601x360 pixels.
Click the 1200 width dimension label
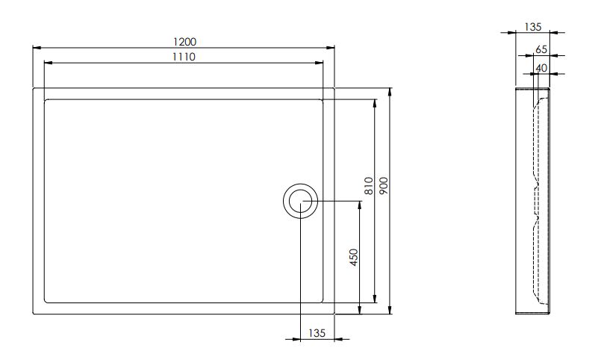184,41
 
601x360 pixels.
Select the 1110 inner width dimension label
184,57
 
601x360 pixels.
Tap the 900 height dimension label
384,185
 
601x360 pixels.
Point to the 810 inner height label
369,186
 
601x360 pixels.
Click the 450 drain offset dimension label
354,257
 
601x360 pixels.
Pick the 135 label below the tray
317,333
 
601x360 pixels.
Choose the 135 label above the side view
533,27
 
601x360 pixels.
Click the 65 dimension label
541,49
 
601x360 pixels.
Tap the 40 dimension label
541,68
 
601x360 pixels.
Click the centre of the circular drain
300,201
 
